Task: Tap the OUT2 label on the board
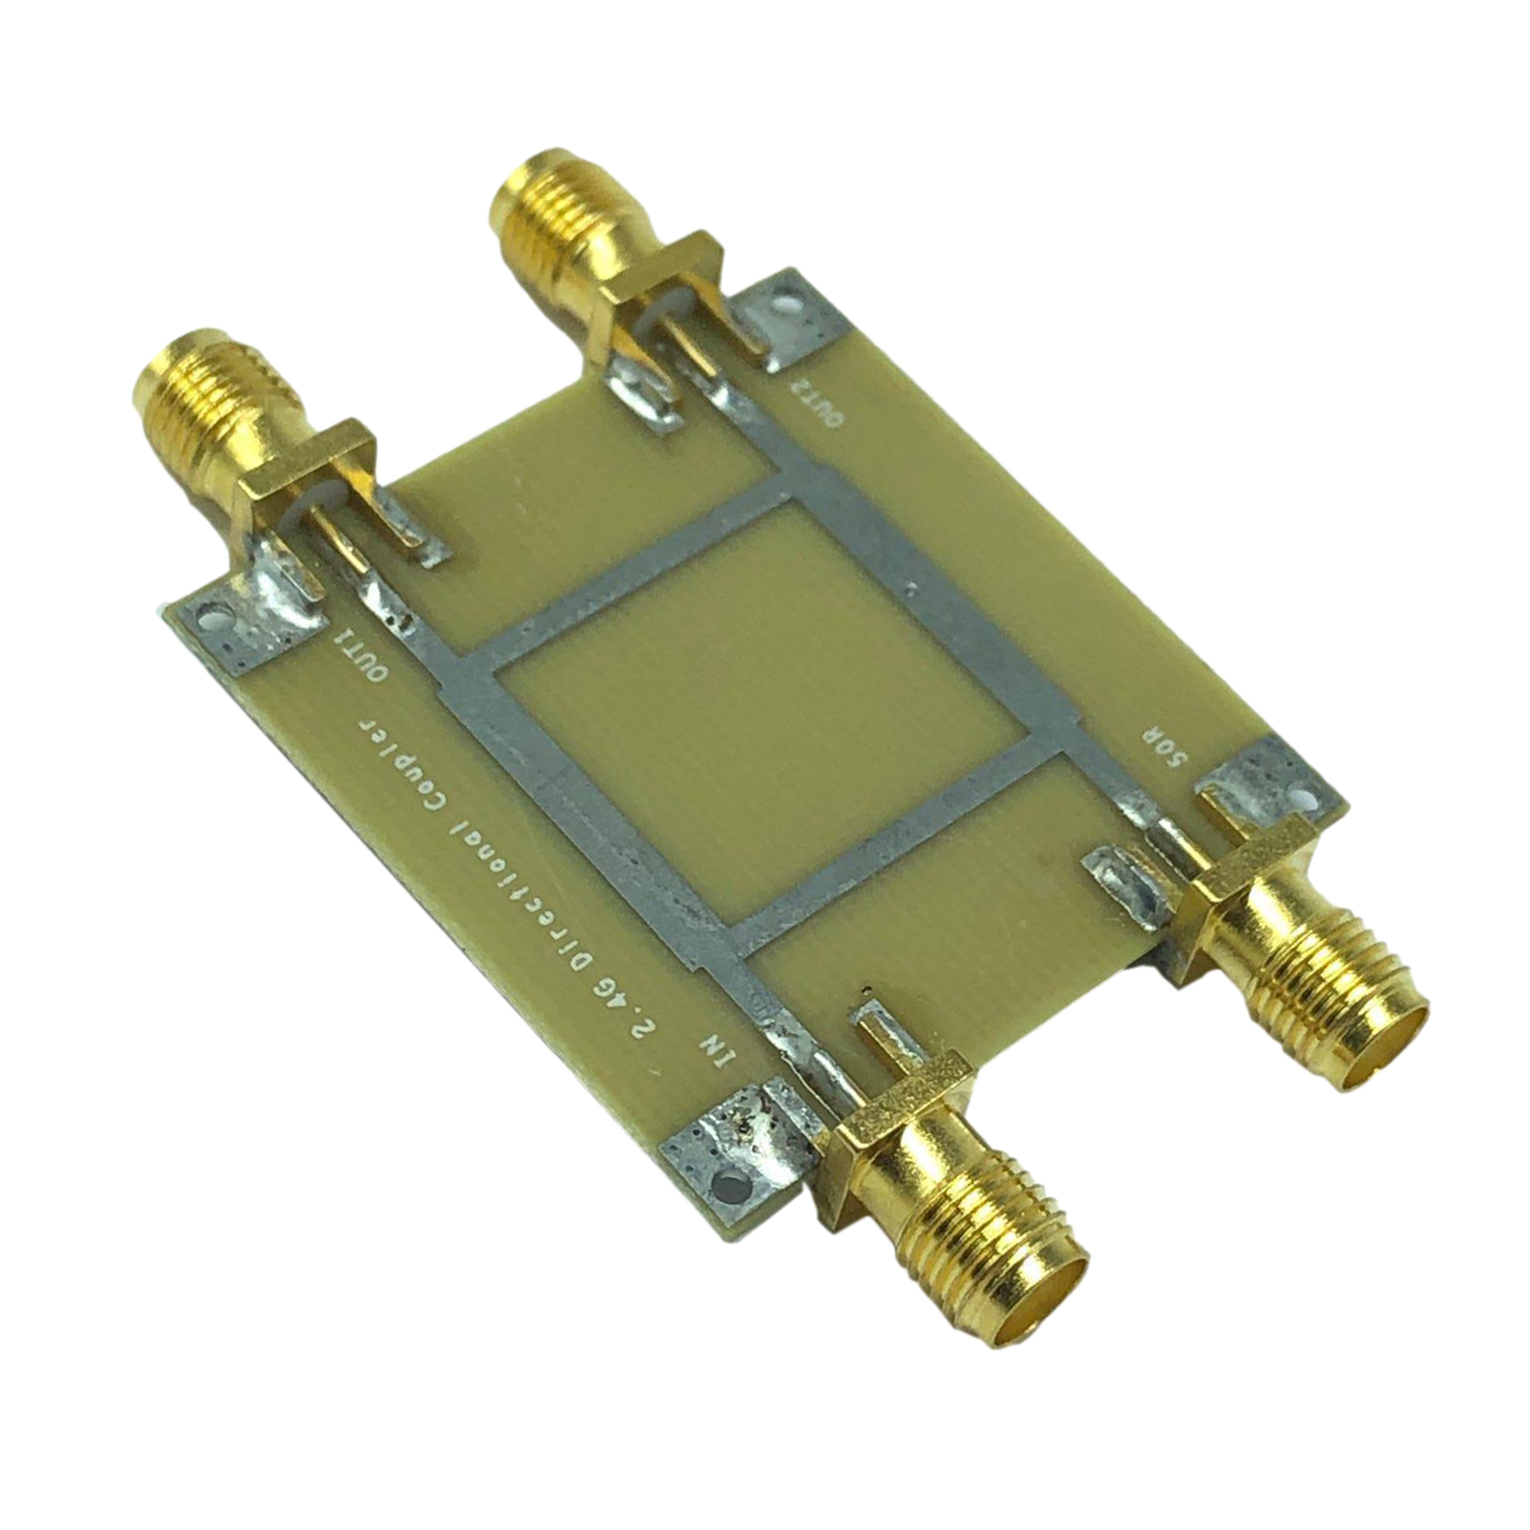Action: tap(811, 407)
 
